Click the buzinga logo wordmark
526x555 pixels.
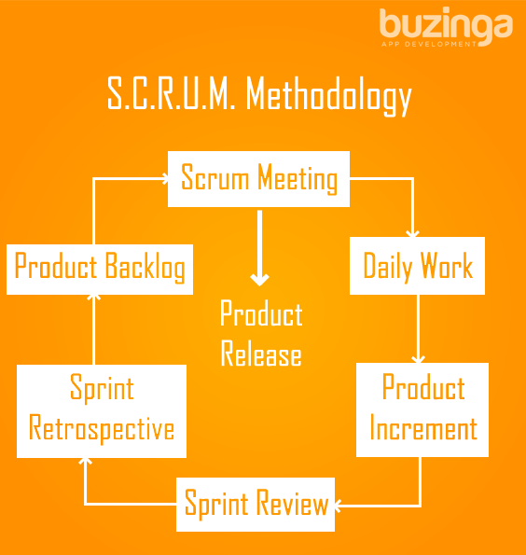[446, 25]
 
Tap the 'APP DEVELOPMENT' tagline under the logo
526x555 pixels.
[429, 44]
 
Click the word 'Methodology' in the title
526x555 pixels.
[329, 95]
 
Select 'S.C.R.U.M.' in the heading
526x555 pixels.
[172, 93]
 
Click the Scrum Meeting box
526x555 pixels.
[258, 179]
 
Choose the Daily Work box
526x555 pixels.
[417, 266]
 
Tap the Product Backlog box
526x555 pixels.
[100, 270]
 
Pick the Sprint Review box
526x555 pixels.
[256, 505]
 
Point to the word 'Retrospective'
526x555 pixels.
[102, 428]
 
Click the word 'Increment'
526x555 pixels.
[423, 428]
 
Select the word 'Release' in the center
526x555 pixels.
[261, 354]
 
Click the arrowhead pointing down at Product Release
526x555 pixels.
[260, 280]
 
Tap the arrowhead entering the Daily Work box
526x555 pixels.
[412, 233]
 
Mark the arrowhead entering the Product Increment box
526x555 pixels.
[418, 360]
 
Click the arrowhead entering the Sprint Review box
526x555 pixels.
[338, 505]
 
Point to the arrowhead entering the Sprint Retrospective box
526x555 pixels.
[85, 461]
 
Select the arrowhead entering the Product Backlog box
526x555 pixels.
[94, 298]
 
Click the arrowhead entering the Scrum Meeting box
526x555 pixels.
[165, 178]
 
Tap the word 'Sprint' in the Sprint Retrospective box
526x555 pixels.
[102, 388]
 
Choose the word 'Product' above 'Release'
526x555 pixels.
[261, 312]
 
